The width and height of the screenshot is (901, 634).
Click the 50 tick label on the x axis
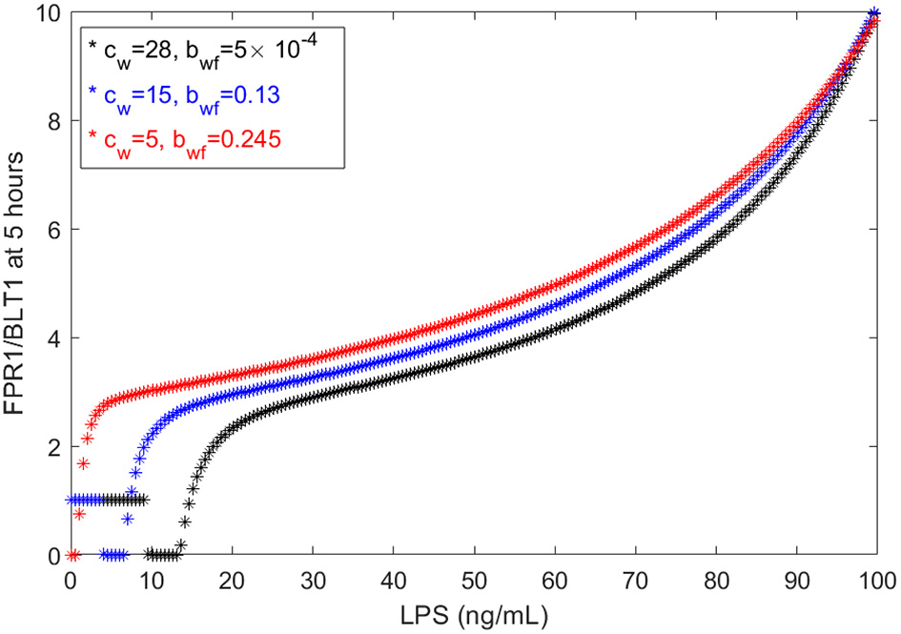coord(473,579)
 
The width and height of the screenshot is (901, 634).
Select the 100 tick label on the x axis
coord(875,579)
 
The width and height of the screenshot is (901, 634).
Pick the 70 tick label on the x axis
coord(634,579)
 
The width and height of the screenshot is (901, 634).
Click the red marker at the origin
coord(72,555)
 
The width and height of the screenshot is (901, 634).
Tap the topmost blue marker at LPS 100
coord(875,13)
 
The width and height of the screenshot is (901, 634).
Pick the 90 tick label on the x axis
coord(795,579)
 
